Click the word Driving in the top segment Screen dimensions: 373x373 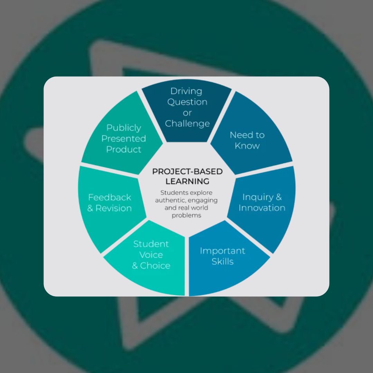click(186, 91)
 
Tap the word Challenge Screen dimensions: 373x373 click(187, 123)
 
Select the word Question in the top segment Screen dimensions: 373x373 click(187, 102)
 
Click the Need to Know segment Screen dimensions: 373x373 click(247, 140)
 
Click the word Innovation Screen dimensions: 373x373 click(262, 208)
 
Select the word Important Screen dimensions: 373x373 click(222, 251)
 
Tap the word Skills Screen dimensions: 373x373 click(222, 261)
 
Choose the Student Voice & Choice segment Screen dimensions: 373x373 click(151, 255)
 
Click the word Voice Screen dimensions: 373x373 click(151, 255)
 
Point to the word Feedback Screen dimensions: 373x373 click(109, 197)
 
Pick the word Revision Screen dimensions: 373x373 click(114, 208)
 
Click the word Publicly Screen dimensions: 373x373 click(124, 128)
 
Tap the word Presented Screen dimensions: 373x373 click(124, 138)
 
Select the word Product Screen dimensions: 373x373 click(124, 149)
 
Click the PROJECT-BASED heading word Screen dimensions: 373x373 click(188, 172)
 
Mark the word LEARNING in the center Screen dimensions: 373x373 click(188, 181)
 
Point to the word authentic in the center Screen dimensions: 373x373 click(169, 200)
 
